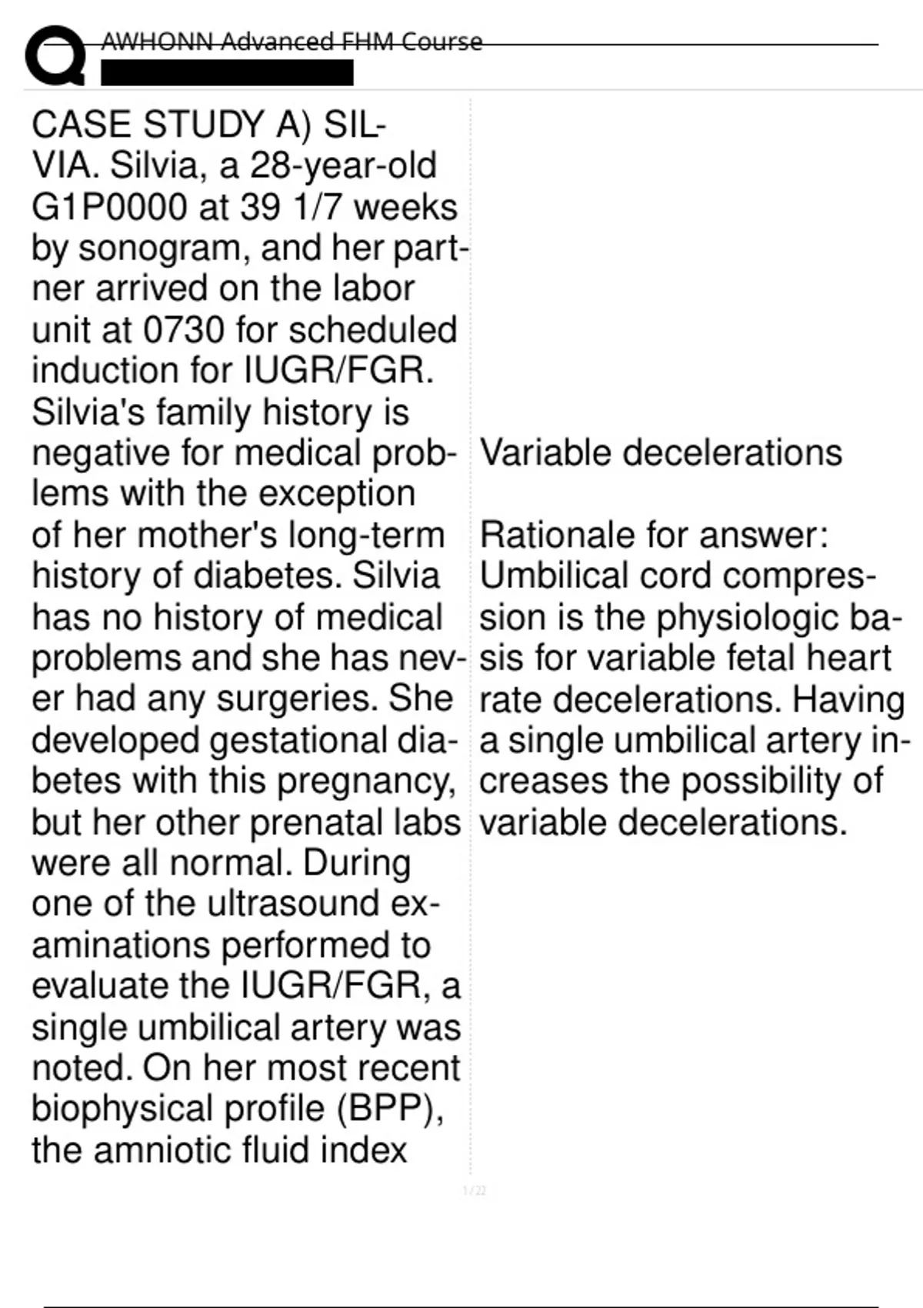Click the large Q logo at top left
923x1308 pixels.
[x=54, y=55]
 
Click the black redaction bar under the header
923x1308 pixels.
[x=227, y=72]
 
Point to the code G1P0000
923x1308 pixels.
[x=109, y=207]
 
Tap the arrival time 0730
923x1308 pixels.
[x=183, y=330]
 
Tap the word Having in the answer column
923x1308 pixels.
[x=848, y=699]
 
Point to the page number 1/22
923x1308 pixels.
[x=475, y=1191]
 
